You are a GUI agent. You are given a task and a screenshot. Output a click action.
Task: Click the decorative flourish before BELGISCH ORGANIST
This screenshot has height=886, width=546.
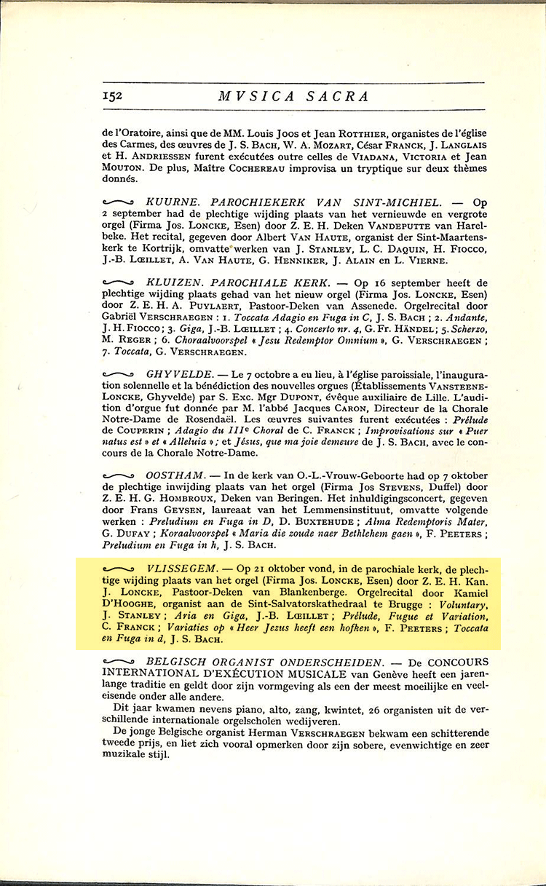coord(119,662)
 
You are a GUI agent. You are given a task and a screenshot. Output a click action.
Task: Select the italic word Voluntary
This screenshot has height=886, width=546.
coord(459,603)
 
